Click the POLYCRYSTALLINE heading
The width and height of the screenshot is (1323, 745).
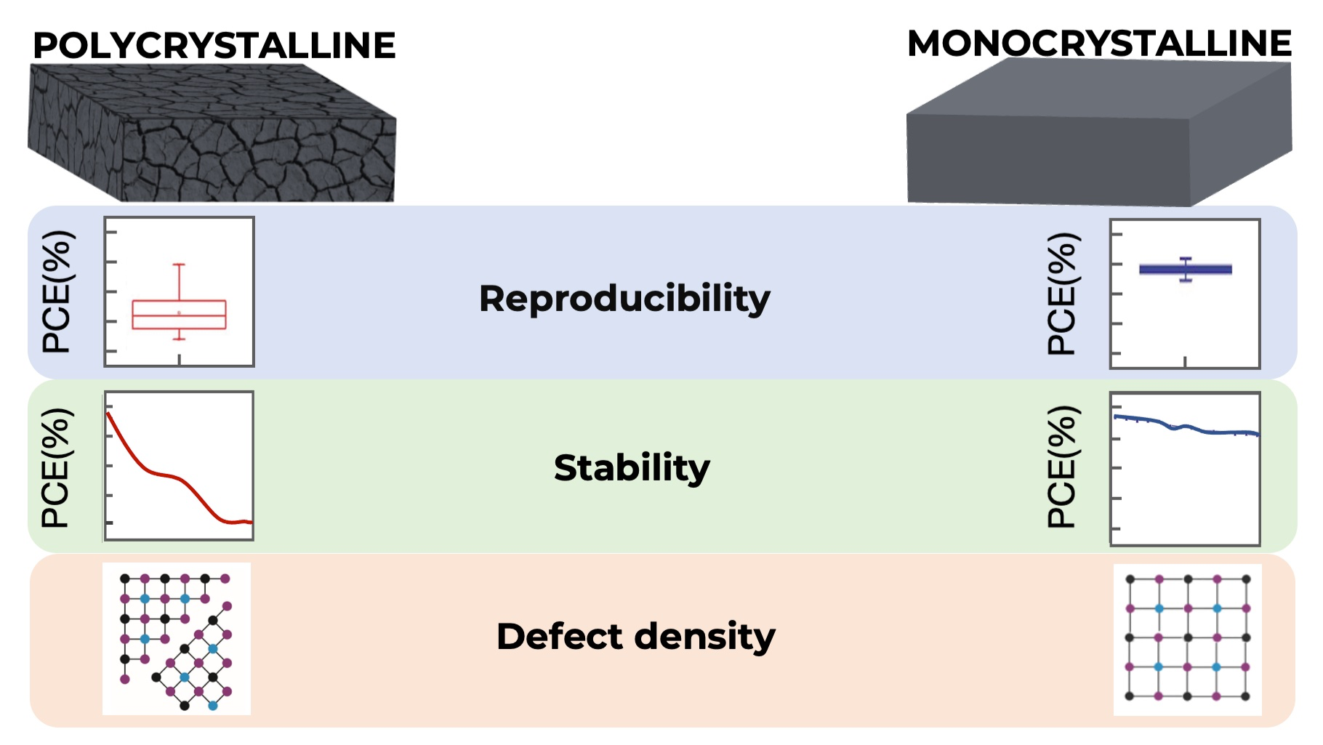click(214, 46)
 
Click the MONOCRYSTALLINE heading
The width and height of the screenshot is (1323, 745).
click(1099, 44)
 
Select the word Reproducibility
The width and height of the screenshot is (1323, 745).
click(624, 299)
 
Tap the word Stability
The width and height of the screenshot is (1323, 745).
click(632, 467)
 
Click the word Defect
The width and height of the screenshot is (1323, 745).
click(560, 636)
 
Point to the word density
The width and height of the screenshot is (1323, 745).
click(705, 637)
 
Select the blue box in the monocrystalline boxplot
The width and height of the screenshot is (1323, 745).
click(1186, 270)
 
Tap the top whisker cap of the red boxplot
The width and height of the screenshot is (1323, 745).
click(179, 265)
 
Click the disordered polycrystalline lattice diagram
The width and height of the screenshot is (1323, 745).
click(177, 639)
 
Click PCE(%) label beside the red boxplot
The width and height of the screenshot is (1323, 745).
click(57, 292)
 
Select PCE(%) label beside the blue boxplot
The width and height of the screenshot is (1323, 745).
click(1062, 294)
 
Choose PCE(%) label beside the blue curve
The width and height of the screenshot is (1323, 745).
click(1062, 467)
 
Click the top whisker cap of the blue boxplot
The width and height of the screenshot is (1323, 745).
click(1186, 259)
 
